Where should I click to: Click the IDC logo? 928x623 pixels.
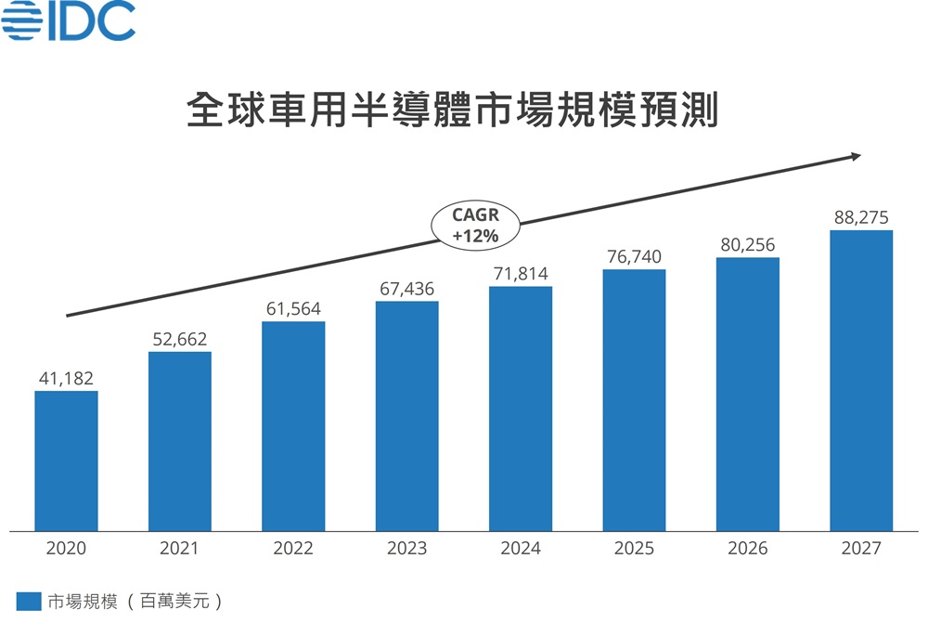69,21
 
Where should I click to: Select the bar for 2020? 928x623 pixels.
66,461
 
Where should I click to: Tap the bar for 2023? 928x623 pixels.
406,416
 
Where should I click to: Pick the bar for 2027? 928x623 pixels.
861,381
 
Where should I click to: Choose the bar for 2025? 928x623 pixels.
634,400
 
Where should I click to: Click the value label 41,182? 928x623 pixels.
66,378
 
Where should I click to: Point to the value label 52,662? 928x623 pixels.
180,339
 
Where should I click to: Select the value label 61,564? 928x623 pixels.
293,308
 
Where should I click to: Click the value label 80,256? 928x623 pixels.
748,245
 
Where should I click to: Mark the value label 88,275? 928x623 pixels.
861,218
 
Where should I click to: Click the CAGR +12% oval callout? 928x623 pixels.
475,226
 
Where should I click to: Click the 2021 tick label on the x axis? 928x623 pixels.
180,548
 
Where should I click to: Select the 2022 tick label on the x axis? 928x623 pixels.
293,548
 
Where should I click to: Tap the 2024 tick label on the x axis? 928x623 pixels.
521,548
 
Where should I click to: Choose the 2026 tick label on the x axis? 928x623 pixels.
748,548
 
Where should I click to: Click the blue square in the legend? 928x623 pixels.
29,601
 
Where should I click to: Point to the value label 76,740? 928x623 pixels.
634,256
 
